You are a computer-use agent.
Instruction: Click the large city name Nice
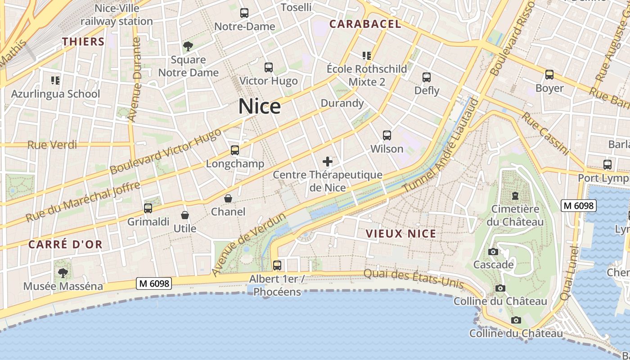(x=260, y=107)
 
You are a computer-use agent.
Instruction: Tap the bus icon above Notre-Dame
(x=244, y=13)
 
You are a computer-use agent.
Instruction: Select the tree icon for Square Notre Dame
(x=188, y=46)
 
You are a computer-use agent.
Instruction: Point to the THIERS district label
(x=83, y=42)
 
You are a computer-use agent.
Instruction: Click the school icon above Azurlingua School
(x=55, y=81)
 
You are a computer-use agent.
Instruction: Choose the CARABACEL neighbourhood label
(x=365, y=24)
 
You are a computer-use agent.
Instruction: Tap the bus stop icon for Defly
(x=427, y=77)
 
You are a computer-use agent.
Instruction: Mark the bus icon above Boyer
(x=549, y=75)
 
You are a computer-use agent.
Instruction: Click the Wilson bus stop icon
(x=387, y=135)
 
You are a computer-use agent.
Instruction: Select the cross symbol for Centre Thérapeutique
(x=328, y=162)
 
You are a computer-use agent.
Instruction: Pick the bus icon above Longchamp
(x=235, y=150)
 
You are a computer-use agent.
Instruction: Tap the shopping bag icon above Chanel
(x=228, y=198)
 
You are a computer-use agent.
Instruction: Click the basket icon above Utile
(x=184, y=216)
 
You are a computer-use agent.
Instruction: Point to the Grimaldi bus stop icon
(x=148, y=208)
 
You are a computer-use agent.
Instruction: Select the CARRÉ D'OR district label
(x=66, y=245)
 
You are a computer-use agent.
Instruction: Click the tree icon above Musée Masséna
(x=63, y=273)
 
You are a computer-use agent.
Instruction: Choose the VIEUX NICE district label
(x=401, y=234)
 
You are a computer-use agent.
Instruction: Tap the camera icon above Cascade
(x=493, y=252)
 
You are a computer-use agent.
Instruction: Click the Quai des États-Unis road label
(x=413, y=278)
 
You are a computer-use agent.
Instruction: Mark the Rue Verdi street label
(x=52, y=145)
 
